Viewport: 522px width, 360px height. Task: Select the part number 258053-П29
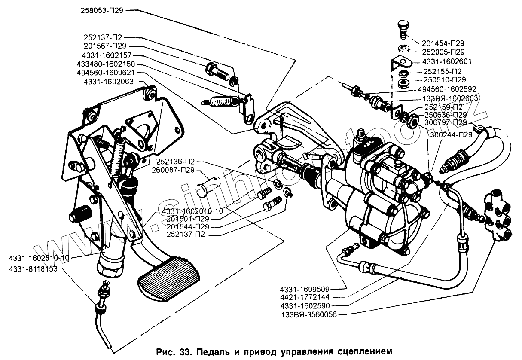pos(102,12)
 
